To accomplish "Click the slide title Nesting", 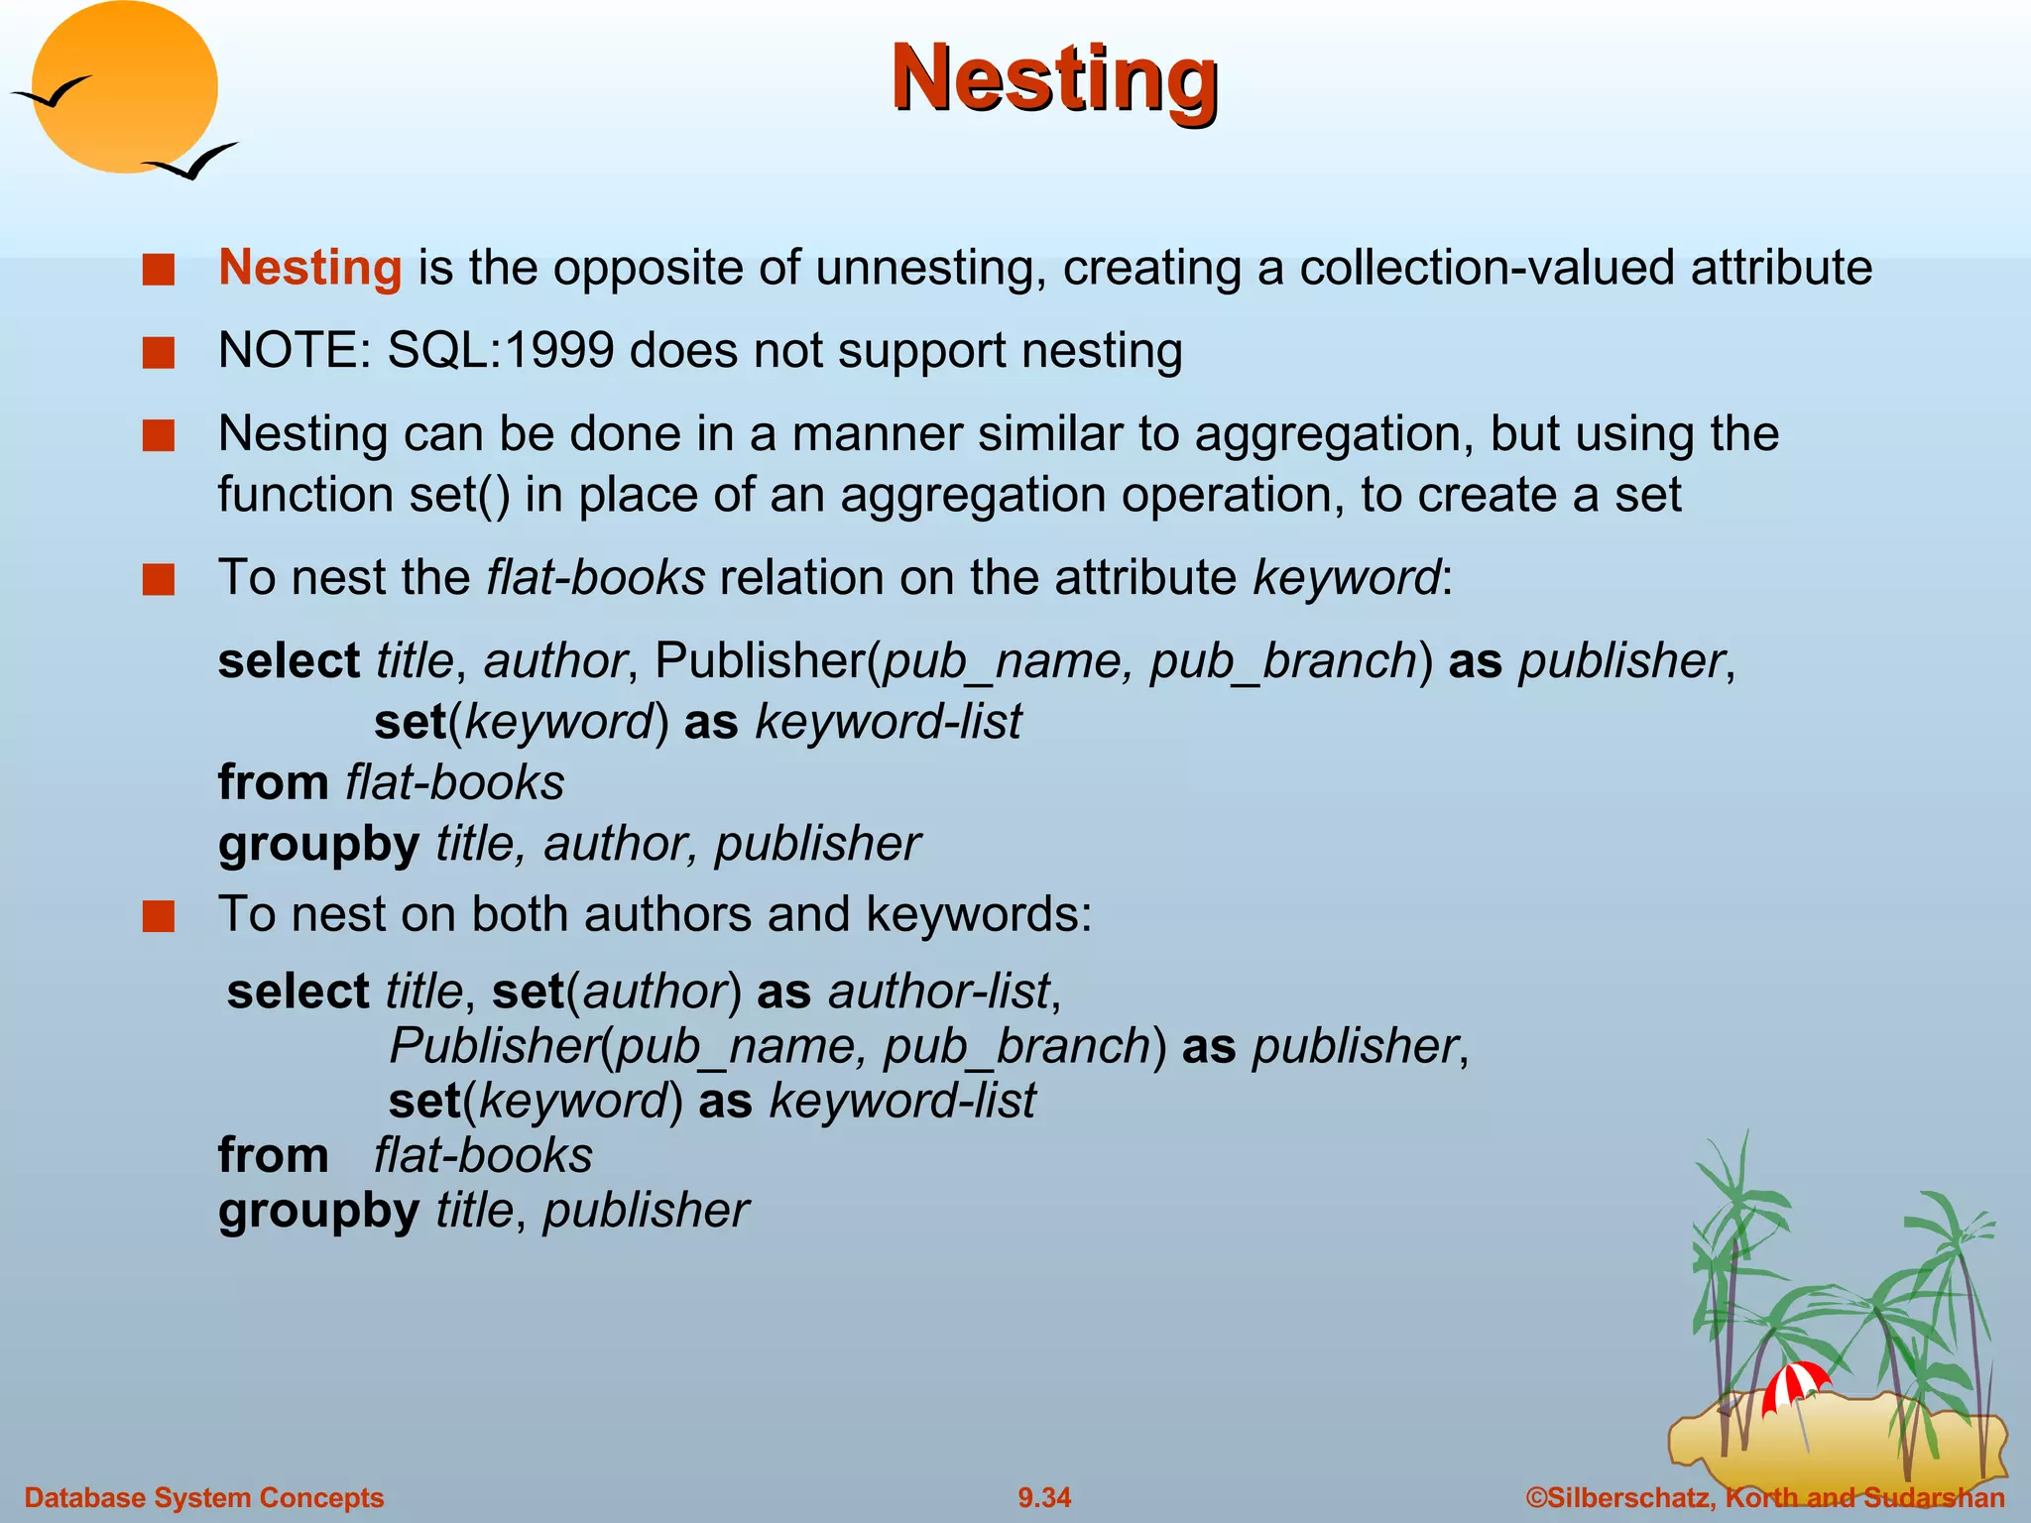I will click(1054, 79).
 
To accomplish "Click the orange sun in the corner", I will click(124, 87).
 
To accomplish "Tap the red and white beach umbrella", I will click(1795, 1384).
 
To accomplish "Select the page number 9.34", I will click(1044, 1497).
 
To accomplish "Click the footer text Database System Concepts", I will click(204, 1497).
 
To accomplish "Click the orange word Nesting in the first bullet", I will click(309, 268).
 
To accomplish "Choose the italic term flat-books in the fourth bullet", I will click(595, 577).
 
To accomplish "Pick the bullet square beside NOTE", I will click(159, 353).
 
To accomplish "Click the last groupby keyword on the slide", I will click(318, 1211).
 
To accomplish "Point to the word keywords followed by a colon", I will click(977, 914).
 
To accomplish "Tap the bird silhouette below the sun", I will click(190, 162).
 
